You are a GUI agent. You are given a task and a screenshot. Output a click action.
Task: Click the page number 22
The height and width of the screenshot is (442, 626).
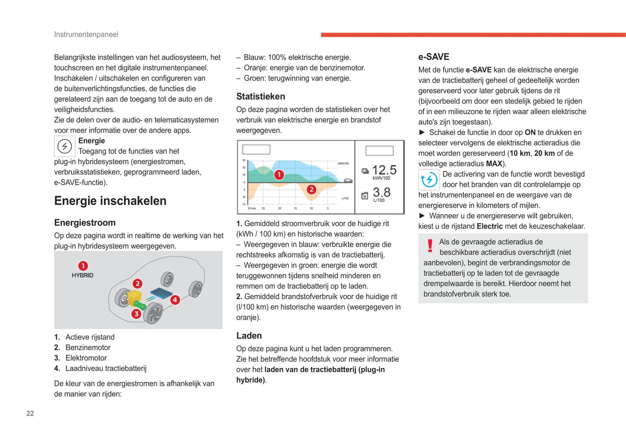point(30,413)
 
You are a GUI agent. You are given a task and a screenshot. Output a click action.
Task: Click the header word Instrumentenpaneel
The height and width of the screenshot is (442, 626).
point(86,34)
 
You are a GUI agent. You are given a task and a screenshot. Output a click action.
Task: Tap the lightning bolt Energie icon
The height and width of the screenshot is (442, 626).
point(65,146)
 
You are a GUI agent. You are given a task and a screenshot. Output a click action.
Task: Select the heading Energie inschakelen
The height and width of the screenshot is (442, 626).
point(110,201)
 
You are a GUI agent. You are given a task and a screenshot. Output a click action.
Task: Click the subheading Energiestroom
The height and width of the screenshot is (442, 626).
point(84,223)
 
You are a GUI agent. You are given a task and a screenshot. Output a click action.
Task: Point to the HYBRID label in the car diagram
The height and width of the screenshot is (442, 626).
point(82,275)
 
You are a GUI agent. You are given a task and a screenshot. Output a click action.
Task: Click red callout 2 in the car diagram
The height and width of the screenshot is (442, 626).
point(137,284)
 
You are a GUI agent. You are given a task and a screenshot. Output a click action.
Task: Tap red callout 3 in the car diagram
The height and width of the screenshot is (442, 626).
point(136,313)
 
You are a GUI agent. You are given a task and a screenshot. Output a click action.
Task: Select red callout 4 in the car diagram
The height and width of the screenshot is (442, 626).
point(175,300)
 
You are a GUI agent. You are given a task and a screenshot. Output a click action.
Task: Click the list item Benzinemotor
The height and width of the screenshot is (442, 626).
point(88,347)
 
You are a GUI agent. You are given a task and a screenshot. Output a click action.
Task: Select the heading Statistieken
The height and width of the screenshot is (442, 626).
point(260,96)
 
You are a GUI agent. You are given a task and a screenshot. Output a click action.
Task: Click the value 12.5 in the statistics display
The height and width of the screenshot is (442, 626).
point(384,170)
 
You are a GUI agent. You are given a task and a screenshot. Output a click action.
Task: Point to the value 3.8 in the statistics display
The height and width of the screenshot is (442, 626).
point(381,192)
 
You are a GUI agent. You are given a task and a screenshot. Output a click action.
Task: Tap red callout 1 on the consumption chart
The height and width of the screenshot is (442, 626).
point(279,175)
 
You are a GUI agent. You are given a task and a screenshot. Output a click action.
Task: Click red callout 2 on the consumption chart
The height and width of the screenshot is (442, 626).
point(311,190)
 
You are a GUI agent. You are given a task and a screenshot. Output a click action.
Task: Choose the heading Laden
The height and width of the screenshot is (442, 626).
point(249,335)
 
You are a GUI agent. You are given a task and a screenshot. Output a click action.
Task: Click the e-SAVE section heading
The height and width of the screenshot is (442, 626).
point(433,57)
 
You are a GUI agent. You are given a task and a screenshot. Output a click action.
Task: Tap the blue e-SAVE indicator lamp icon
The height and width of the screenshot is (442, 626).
point(428,180)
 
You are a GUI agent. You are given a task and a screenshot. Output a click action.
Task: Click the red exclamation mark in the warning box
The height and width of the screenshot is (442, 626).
point(430,246)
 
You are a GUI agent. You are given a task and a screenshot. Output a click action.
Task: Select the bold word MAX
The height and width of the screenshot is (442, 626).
point(494,164)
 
